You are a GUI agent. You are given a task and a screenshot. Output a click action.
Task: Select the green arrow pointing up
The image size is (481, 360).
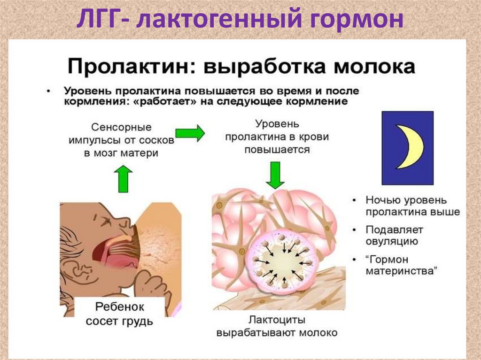[123, 178]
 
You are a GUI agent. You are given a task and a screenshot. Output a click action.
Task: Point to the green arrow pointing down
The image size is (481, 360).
[274, 174]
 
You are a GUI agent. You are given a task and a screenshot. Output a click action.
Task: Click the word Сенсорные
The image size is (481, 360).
[121, 127]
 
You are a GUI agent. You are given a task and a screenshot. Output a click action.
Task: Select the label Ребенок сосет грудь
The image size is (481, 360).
[119, 314]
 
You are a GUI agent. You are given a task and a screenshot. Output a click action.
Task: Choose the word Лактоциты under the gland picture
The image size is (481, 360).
[277, 320]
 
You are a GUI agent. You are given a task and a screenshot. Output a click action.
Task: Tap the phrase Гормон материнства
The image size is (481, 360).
[402, 265]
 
